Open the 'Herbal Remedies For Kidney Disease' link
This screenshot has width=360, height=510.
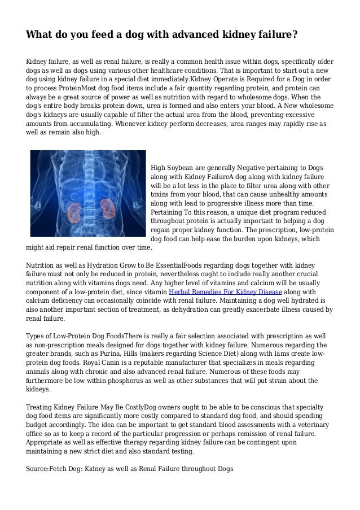tap(214, 291)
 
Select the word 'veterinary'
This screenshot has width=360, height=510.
tap(309, 425)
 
